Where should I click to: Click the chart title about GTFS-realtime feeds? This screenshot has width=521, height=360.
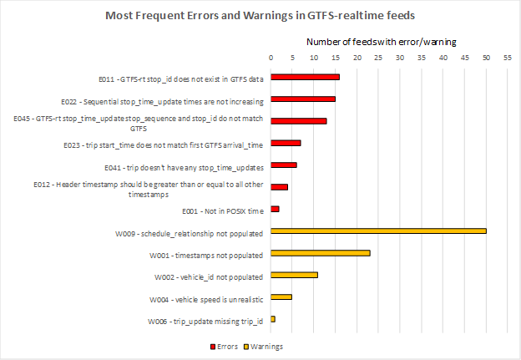point(260,16)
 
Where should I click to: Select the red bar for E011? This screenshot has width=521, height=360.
point(305,77)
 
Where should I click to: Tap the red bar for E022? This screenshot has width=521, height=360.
point(302,99)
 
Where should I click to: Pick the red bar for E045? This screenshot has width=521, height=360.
point(298,121)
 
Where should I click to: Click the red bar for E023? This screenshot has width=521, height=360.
point(286,143)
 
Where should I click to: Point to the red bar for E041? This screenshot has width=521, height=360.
point(283,165)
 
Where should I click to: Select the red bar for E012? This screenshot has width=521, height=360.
point(279,187)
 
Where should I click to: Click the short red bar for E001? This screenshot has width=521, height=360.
point(275,209)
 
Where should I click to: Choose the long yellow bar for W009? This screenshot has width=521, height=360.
point(378,231)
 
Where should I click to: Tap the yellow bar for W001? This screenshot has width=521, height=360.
point(320,253)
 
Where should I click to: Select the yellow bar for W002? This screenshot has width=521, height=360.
point(294,275)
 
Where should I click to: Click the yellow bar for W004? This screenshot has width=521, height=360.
point(281,297)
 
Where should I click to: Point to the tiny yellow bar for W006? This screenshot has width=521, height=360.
point(273,319)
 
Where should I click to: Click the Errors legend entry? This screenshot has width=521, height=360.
point(225,346)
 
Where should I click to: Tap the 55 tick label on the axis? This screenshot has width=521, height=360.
point(508,58)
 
